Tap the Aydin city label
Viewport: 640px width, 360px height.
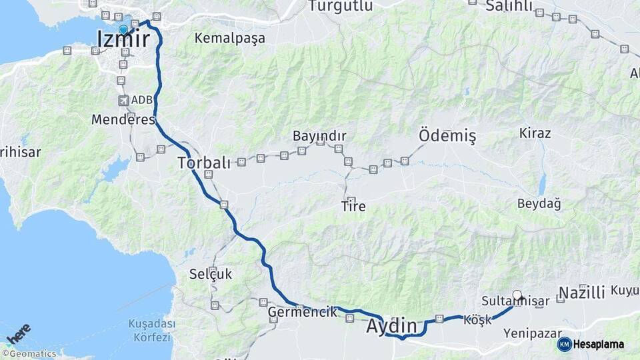[395, 327]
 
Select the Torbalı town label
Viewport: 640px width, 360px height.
[204, 162]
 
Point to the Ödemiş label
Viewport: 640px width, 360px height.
[447, 136]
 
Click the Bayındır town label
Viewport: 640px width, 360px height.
[319, 136]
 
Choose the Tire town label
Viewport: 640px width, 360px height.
[353, 207]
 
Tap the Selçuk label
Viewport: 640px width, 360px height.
[211, 273]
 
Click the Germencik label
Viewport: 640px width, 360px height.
[302, 312]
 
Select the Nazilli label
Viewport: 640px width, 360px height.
[581, 292]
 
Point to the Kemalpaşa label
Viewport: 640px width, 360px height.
[229, 38]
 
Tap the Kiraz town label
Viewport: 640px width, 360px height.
[535, 133]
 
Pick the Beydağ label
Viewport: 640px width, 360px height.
[539, 203]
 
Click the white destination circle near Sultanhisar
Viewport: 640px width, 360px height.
[517, 295]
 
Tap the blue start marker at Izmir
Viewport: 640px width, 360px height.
[123, 29]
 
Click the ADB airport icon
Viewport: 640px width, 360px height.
[123, 100]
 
